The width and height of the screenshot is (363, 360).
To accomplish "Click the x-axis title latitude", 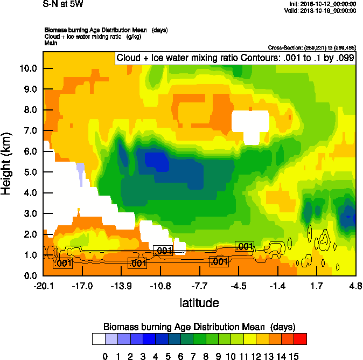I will click(199, 303).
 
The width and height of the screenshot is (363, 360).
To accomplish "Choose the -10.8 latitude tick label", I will click(160, 286).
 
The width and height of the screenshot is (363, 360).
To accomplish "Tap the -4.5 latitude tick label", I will click(239, 286).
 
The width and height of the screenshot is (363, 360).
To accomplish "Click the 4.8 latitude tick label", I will click(355, 286).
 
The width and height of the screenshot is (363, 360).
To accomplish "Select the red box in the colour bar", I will click(300, 339).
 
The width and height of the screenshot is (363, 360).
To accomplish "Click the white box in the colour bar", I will click(99, 339).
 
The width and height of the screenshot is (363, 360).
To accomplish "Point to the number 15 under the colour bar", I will click(294, 356).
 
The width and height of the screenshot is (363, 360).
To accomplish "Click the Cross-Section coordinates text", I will click(312, 48).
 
